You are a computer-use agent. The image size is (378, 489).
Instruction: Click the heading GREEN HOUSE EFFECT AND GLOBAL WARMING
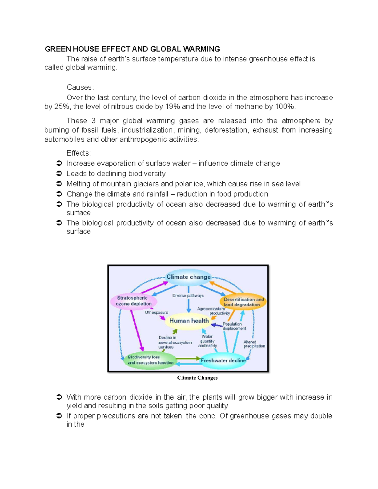tap(132, 49)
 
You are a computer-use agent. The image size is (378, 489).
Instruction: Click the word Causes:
tap(80, 88)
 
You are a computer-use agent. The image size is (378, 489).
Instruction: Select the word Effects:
tap(78, 153)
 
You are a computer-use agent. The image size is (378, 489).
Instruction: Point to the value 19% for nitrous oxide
tap(172, 107)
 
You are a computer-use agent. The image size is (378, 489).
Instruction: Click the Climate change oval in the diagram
tap(188, 277)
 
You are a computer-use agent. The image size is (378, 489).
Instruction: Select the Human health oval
tap(189, 321)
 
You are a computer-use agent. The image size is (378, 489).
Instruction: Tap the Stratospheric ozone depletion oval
tap(133, 301)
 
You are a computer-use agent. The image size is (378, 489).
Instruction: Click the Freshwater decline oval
tap(223, 361)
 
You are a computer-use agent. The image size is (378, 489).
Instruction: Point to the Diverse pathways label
tap(188, 296)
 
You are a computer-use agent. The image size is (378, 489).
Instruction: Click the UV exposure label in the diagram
tap(157, 313)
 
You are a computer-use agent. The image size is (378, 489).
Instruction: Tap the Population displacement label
tap(234, 326)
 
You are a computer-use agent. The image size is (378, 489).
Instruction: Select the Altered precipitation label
tap(254, 344)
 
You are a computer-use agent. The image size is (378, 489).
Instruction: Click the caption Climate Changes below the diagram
tap(197, 378)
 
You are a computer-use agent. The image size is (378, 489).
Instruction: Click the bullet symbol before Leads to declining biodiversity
tap(59, 174)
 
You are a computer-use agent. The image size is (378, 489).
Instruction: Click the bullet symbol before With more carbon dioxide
tap(59, 397)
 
